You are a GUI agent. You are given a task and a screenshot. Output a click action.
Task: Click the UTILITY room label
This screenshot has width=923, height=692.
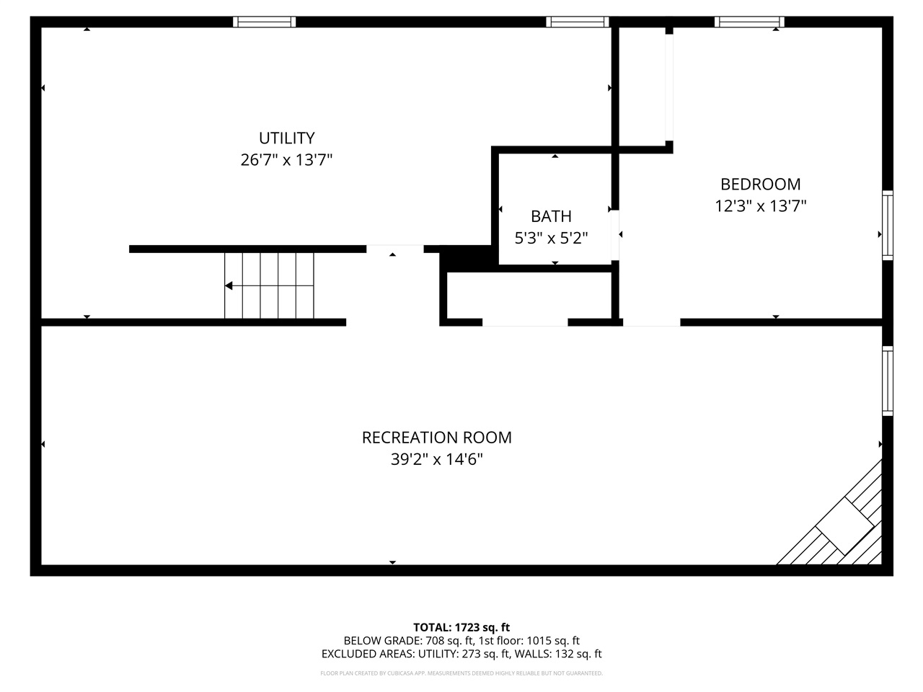pos(287,138)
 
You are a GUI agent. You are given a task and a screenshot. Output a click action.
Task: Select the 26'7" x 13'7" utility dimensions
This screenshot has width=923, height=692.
pos(286,160)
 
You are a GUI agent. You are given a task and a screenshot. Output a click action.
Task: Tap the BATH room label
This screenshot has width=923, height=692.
pos(551,216)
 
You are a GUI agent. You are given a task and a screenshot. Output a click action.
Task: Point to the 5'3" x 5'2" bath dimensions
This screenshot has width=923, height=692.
pos(551,238)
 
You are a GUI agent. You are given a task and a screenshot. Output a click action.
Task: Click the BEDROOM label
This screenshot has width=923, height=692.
pos(760,184)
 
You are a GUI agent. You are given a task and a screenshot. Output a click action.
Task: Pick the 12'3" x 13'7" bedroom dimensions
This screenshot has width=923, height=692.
pos(760,206)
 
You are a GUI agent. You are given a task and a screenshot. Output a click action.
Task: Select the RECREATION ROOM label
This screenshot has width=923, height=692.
pos(436,438)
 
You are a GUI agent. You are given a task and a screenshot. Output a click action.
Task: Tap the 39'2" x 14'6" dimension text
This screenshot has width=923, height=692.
pos(436,459)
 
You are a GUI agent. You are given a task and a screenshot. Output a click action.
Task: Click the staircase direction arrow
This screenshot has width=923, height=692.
pos(229,286)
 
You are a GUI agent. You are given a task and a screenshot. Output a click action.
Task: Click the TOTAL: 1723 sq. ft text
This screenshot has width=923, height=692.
pos(461,627)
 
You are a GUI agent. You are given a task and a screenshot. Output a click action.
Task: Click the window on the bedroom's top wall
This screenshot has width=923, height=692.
pos(749,22)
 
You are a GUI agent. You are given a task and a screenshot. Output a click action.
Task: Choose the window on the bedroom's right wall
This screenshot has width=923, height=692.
pos(888,225)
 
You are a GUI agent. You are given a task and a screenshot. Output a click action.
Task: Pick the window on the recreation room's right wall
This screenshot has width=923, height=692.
pos(888,380)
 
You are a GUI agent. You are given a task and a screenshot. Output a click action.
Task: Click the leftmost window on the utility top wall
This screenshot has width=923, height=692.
pos(264,22)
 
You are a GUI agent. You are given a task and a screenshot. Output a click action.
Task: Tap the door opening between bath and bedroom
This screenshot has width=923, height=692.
pos(615,235)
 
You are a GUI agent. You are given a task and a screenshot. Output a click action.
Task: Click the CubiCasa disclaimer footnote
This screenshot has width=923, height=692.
pos(461,673)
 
